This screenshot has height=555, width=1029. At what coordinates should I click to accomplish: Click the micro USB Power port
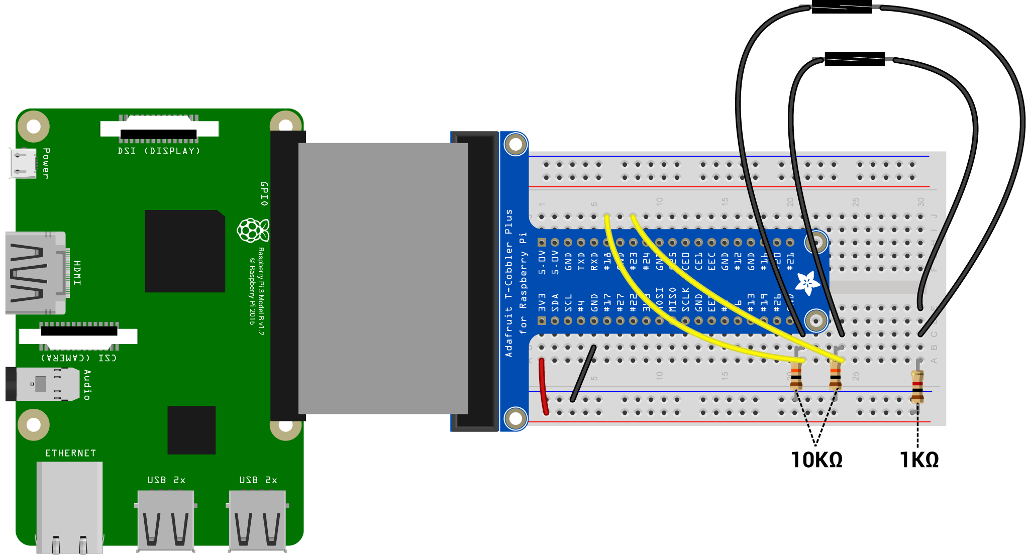coord(23,163)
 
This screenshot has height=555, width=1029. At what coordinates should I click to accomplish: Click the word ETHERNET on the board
coord(70,453)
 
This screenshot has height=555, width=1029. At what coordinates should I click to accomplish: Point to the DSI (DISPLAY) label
coord(159,151)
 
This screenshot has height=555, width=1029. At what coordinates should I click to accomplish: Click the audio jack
coord(43,384)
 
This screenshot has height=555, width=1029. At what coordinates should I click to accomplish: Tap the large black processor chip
coord(184,251)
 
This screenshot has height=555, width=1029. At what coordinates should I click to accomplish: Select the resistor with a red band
coord(917,386)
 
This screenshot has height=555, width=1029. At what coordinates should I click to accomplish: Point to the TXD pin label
coord(581,262)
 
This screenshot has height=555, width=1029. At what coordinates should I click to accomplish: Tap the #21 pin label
coord(790,262)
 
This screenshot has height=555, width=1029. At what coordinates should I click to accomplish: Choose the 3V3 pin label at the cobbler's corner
coord(542,302)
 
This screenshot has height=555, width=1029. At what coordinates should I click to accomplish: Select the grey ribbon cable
coord(383,278)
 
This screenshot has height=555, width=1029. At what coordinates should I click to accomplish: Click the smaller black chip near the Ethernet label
coord(191,430)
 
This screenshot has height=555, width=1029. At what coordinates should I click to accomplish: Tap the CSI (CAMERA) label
coord(79,358)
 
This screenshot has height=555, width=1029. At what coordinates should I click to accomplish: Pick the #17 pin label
coord(607,302)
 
